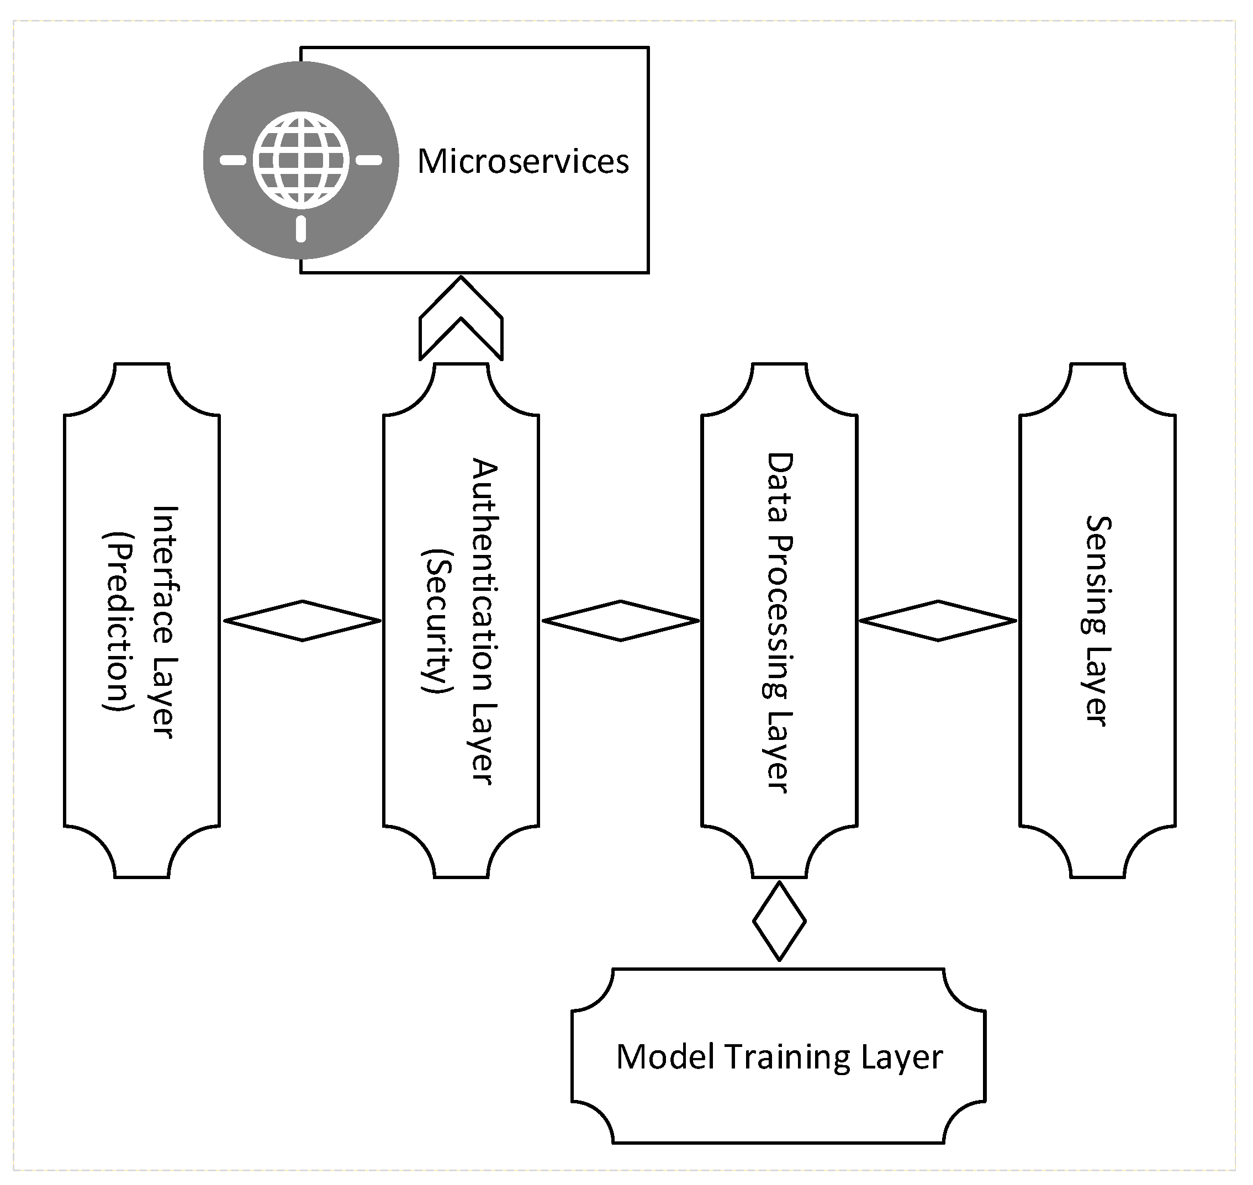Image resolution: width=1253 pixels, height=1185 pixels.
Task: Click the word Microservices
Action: pyautogui.click(x=523, y=162)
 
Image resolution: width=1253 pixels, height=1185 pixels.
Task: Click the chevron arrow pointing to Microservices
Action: pyautogui.click(x=461, y=319)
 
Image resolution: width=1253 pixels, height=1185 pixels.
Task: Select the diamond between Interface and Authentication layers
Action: pyautogui.click(x=303, y=621)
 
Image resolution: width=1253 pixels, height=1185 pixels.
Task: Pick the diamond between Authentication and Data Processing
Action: pyautogui.click(x=621, y=621)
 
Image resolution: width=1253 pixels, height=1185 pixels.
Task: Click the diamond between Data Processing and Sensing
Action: pyautogui.click(x=938, y=621)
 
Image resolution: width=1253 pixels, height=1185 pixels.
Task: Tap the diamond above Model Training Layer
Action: pyautogui.click(x=779, y=922)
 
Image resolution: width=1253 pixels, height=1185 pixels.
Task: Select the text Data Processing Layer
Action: pyautogui.click(x=779, y=622)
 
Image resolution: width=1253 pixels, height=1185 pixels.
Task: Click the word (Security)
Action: pyautogui.click(x=437, y=621)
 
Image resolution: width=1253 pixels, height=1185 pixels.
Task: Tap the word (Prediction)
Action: pyautogui.click(x=119, y=622)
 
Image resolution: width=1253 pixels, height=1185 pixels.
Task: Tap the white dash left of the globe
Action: pyautogui.click(x=233, y=161)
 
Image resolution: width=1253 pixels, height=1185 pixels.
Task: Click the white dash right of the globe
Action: pyautogui.click(x=369, y=161)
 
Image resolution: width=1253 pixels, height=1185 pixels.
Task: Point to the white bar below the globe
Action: pyautogui.click(x=302, y=229)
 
